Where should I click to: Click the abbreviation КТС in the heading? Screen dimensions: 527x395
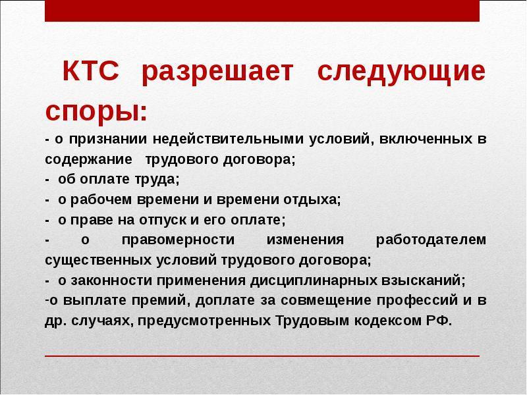91,71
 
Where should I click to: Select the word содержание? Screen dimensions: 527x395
88,159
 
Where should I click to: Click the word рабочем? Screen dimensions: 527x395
101,200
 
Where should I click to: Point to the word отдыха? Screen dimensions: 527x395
310,200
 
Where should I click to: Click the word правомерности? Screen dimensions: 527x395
178,240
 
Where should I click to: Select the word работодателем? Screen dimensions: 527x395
431,240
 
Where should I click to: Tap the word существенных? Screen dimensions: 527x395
98,261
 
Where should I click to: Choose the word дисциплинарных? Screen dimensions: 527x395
314,281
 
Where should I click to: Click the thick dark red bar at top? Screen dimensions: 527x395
262,11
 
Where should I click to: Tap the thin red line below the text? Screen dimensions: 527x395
262,355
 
